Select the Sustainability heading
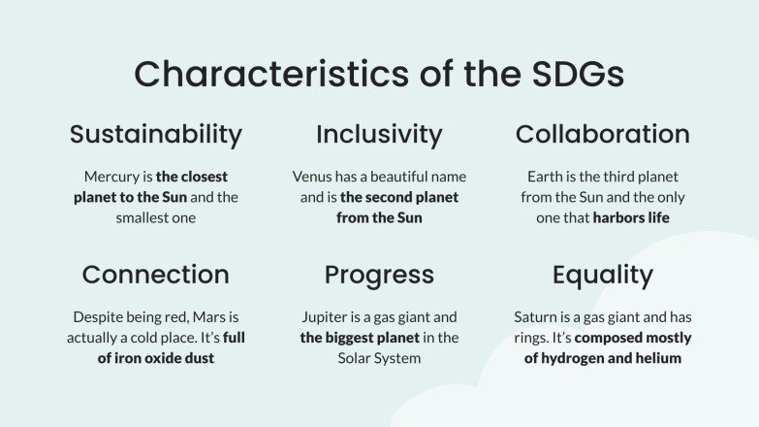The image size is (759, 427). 155,134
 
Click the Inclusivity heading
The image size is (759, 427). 379,134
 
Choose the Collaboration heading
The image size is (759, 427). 602,134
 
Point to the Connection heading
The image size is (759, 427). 155,275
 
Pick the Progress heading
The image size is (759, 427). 379,275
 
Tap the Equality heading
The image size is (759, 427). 602,275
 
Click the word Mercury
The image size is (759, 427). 112,177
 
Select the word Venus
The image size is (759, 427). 313,177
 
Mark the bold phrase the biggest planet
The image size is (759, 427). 360,338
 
